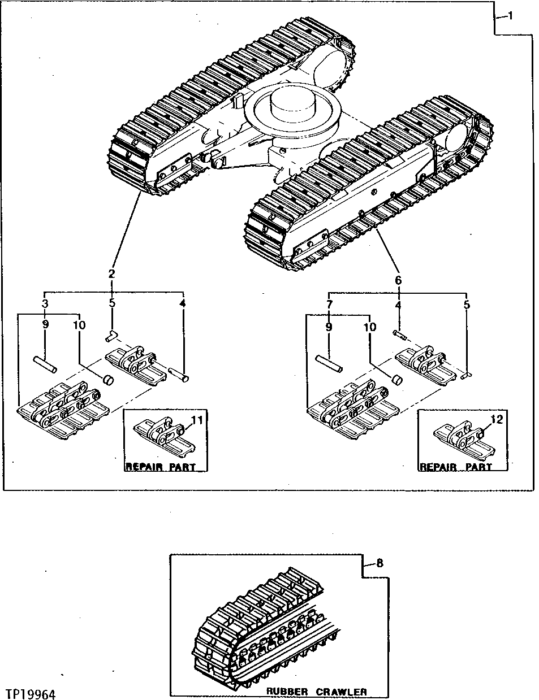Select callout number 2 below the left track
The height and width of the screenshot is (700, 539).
111,273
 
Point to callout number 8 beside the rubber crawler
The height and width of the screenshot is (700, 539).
379,563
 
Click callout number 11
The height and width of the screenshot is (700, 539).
196,420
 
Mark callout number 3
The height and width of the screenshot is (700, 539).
45,303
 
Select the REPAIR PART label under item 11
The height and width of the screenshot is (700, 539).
160,467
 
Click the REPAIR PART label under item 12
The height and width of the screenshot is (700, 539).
455,467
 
